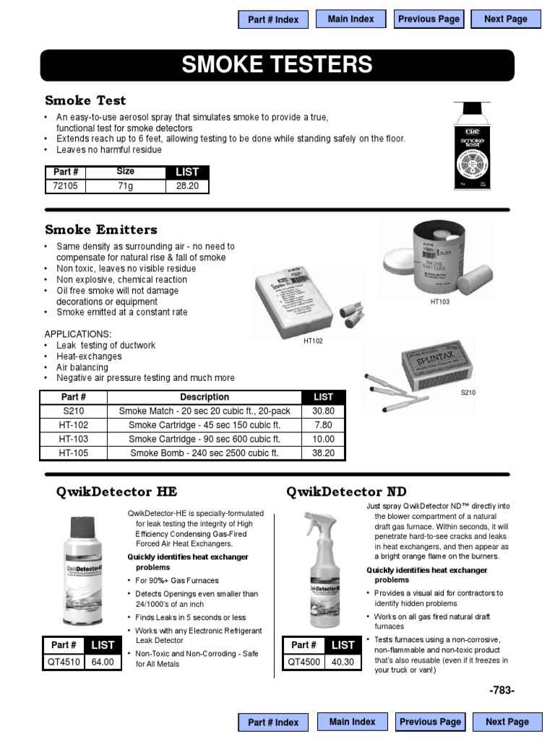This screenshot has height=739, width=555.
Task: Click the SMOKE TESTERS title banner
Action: (x=277, y=65)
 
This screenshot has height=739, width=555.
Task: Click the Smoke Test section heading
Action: (x=85, y=100)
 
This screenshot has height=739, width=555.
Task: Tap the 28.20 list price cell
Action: (x=187, y=186)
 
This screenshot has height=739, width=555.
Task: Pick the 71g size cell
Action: (x=126, y=186)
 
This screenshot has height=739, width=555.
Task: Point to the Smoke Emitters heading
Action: (x=100, y=229)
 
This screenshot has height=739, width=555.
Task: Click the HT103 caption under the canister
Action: (x=439, y=302)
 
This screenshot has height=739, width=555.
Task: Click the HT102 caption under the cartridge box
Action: (x=313, y=341)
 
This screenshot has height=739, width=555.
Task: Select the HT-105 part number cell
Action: (x=73, y=453)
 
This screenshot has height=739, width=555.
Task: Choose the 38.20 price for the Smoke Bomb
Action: (x=323, y=453)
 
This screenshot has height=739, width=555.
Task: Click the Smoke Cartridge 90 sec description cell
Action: (x=205, y=439)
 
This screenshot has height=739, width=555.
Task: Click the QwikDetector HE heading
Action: (x=116, y=492)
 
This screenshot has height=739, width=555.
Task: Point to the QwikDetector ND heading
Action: (x=346, y=492)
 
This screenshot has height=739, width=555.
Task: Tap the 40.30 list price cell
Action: (x=343, y=661)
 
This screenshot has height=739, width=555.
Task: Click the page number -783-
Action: (x=502, y=691)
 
